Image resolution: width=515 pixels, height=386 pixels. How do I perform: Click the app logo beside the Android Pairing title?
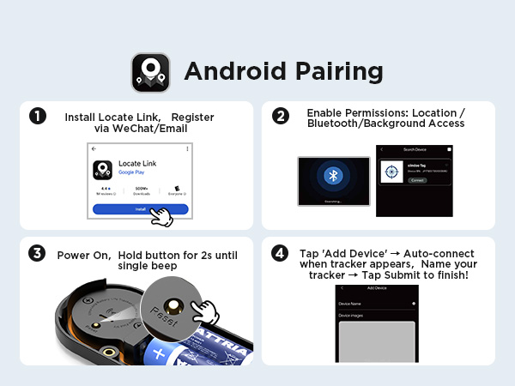151,72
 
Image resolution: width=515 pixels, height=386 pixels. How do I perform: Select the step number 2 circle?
280,116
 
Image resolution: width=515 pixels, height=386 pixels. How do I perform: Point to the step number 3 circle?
37,253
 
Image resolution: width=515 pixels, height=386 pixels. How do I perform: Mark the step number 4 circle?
280,253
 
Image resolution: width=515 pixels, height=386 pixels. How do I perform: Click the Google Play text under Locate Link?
131,172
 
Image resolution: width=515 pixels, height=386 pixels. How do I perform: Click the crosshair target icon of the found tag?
391,170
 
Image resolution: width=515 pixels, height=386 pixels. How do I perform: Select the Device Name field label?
350,304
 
